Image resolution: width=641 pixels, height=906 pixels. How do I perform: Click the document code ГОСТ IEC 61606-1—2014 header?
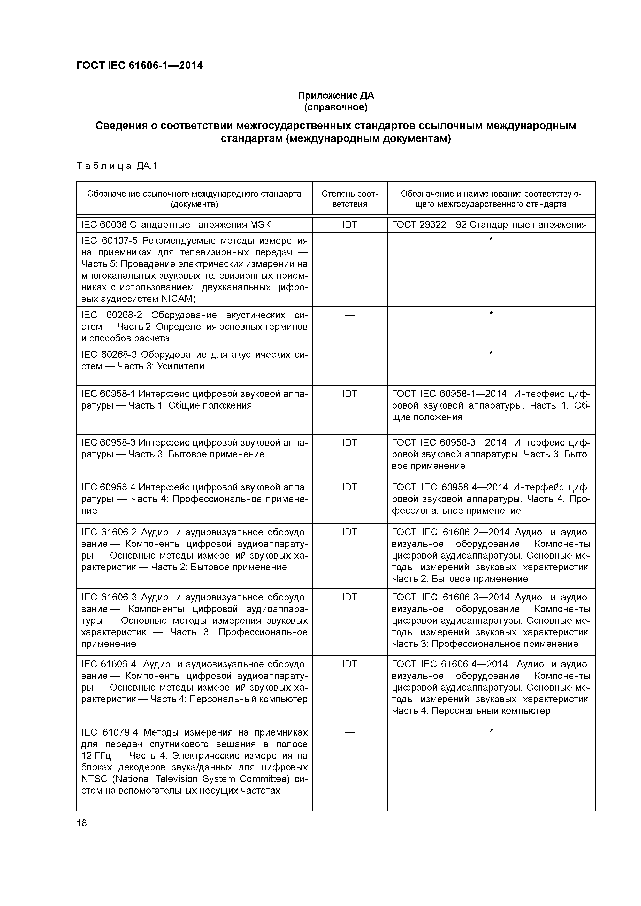coord(139,66)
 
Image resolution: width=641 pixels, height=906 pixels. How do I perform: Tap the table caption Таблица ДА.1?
coord(117,166)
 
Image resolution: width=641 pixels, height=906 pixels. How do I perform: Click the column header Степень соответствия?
coord(349,199)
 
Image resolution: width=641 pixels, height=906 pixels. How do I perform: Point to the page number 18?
coord(82,823)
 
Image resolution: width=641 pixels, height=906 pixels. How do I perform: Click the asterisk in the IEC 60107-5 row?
coord(491,239)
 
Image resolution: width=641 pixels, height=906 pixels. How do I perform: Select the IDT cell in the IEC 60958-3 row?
coord(349,443)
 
